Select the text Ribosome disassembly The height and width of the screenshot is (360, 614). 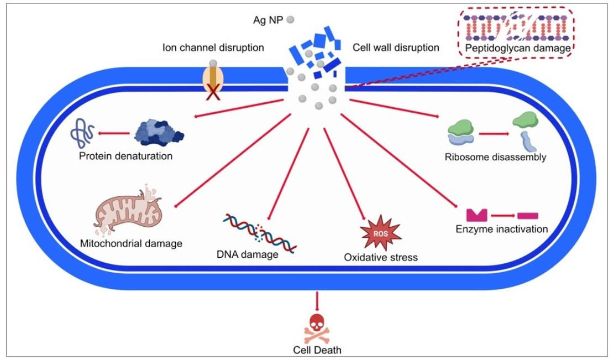[x=495, y=157]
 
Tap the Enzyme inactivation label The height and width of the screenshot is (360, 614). [x=502, y=229]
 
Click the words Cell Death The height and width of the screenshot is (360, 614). [x=317, y=349]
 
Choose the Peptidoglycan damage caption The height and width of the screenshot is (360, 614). [x=518, y=49]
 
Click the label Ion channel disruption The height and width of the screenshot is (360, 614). [x=213, y=48]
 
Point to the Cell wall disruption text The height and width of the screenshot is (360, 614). [x=396, y=48]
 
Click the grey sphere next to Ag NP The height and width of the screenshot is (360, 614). [x=290, y=19]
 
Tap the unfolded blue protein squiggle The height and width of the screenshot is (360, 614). [x=81, y=133]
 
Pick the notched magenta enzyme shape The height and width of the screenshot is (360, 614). [x=475, y=214]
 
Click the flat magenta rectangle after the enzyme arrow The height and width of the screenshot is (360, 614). [x=527, y=215]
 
